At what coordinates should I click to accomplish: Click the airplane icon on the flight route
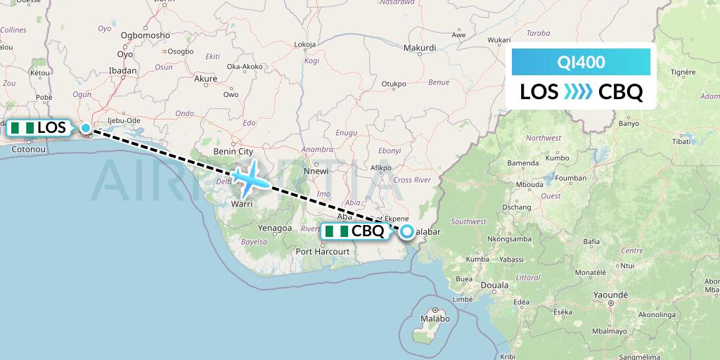click(250, 179)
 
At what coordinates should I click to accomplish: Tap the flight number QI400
click(581, 63)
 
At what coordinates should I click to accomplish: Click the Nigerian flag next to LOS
click(22, 128)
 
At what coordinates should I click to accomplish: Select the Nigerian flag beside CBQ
click(337, 231)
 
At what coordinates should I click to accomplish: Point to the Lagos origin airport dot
click(86, 128)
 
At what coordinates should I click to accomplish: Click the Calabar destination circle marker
click(407, 231)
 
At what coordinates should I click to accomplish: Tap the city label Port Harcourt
click(323, 251)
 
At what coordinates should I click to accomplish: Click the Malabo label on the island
click(436, 319)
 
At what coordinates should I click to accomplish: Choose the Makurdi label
click(420, 48)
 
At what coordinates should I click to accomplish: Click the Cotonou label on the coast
click(29, 149)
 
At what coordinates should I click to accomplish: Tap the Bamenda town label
click(522, 163)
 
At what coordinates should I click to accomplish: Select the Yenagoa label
click(274, 229)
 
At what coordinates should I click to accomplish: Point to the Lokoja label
click(305, 44)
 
